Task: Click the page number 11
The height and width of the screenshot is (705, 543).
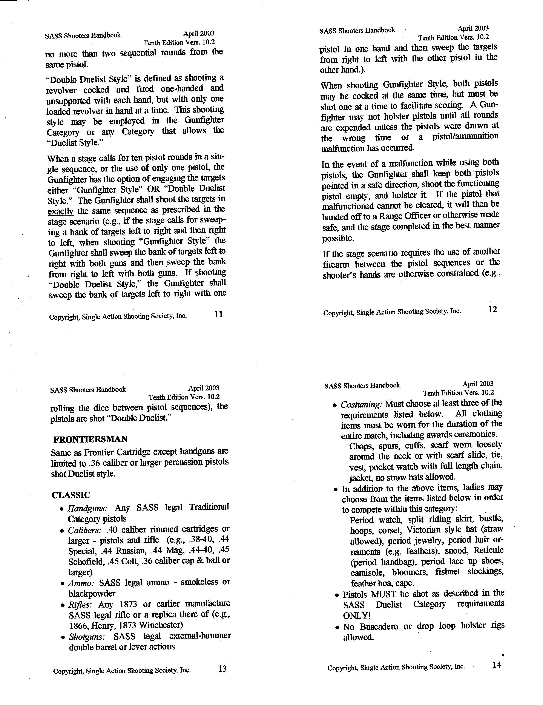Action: [218, 314]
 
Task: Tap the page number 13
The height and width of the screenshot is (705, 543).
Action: [222, 668]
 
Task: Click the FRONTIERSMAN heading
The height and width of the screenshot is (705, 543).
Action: [90, 439]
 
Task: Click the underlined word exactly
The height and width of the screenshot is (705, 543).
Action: [61, 212]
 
